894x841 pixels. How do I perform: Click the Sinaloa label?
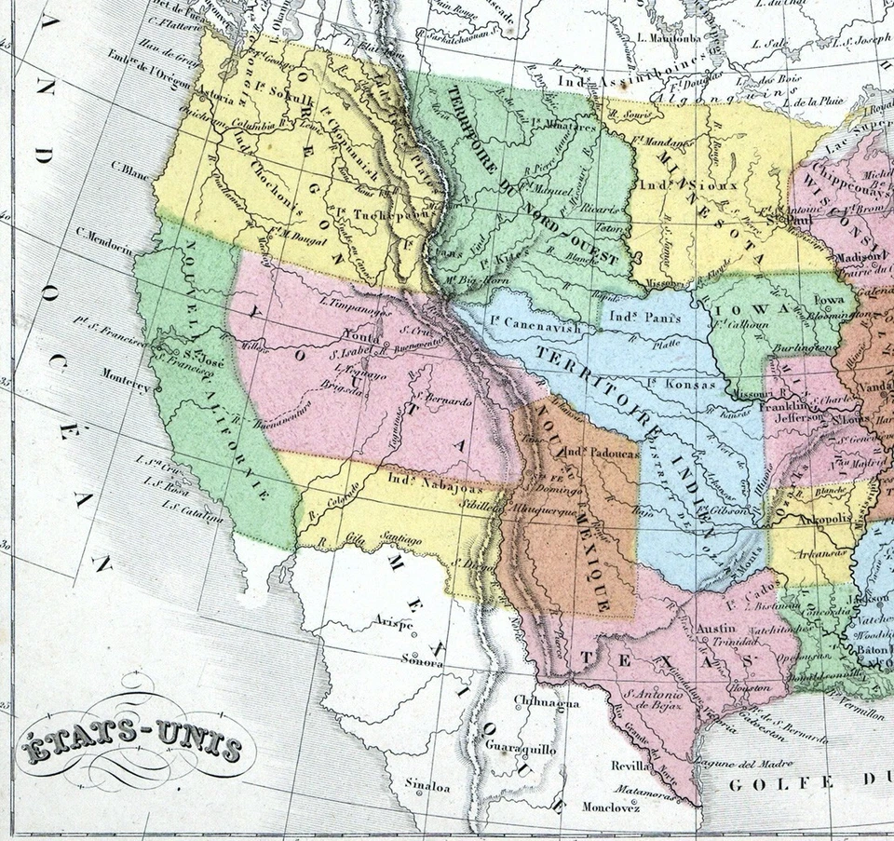click(428, 786)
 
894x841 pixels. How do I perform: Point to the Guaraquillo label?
click(521, 748)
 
